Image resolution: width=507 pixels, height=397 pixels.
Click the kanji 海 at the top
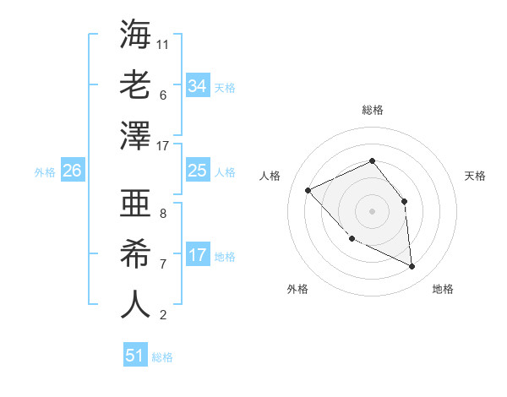[135, 34]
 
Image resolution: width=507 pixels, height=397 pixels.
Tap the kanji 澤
[135, 135]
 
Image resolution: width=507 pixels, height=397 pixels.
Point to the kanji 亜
[135, 204]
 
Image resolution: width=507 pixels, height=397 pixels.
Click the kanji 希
[135, 253]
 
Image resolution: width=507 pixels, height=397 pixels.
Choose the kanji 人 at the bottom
[135, 304]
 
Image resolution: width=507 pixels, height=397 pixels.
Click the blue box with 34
[197, 86]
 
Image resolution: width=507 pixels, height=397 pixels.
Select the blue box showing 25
[197, 171]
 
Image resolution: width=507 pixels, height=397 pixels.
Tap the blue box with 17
[197, 255]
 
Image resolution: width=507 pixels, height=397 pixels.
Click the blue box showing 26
[72, 171]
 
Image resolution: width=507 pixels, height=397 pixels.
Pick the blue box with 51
[135, 356]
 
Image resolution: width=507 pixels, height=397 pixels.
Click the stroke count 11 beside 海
[163, 43]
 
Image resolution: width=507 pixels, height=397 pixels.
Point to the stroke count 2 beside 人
[163, 316]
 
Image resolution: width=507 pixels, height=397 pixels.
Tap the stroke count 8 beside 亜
[163, 215]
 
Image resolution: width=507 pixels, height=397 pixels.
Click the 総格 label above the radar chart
[372, 110]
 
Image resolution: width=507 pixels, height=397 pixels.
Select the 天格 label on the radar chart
[475, 176]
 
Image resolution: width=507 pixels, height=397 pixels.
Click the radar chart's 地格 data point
[412, 267]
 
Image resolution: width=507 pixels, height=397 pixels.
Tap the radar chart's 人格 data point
[308, 190]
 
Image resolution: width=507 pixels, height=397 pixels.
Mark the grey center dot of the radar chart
[372, 210]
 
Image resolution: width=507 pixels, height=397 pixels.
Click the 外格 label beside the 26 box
[45, 172]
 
